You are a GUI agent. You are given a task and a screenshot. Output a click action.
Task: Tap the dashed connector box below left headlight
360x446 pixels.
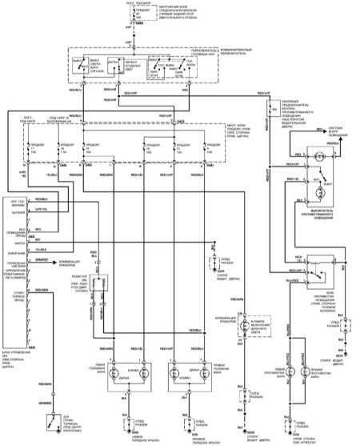(x=129, y=417)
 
